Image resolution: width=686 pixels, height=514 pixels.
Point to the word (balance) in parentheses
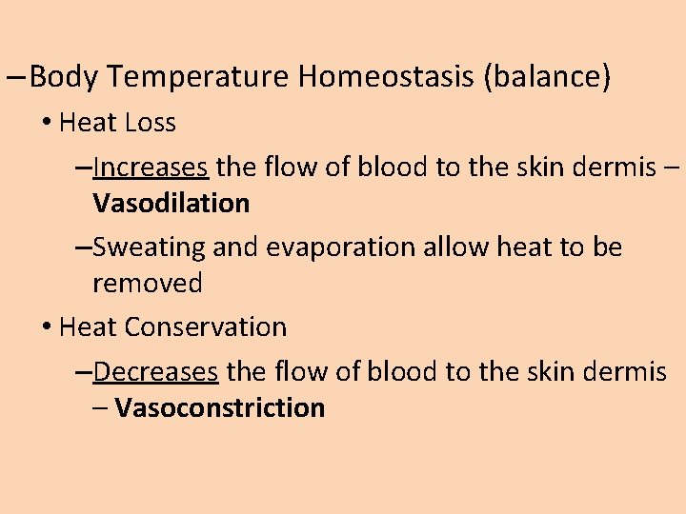[547, 77]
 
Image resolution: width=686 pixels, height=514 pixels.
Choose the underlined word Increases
[151, 168]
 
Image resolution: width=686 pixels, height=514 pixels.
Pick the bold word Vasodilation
[171, 203]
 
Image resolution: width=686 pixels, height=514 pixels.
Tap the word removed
[148, 283]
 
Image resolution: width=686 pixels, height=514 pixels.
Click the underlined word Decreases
[156, 371]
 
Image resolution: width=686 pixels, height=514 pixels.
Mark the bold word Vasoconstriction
[219, 408]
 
